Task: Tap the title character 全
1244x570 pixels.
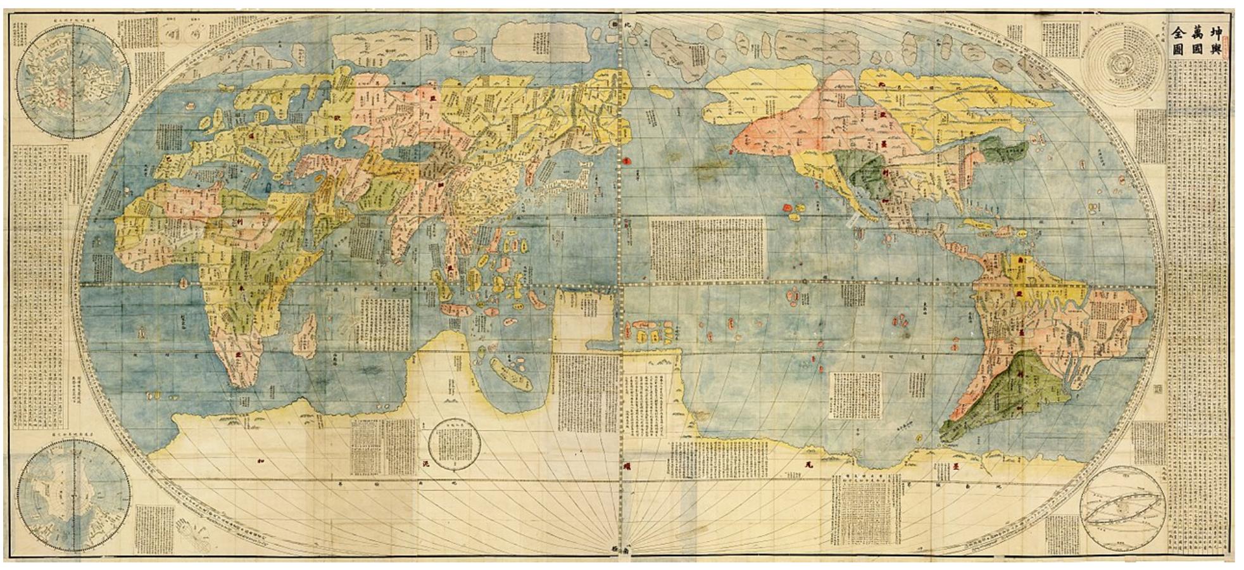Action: pos(1178,32)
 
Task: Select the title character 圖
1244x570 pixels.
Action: pos(1178,49)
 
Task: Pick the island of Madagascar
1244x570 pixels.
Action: pos(306,336)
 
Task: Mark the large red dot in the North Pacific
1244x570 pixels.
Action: pos(627,161)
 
